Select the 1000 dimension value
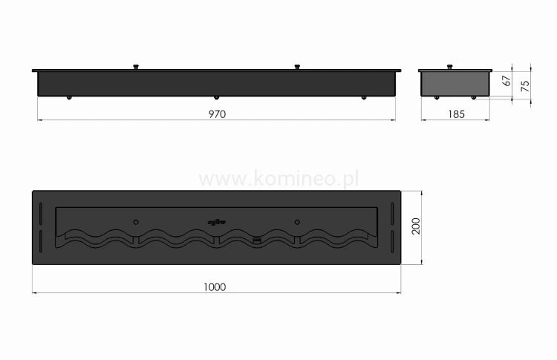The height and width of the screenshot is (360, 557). coord(216,286)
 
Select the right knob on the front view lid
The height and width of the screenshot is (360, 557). coord(297,68)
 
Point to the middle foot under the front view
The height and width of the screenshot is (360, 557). coord(216,98)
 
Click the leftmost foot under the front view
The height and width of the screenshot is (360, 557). coord(69,98)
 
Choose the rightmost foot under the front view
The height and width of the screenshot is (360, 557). coord(363,98)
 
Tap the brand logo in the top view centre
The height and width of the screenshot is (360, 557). coord(215,220)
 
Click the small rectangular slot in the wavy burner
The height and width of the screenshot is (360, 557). coord(257,239)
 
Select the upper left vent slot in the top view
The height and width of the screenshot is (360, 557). coord(41,211)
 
